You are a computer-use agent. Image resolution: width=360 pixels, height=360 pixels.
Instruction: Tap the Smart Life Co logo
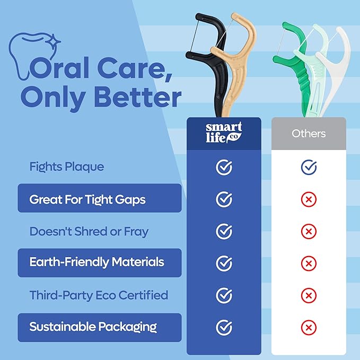pos(224,133)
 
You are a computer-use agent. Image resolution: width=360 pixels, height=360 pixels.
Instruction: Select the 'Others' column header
pos(309,133)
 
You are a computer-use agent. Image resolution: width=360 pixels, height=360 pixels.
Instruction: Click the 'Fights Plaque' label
pos(66,167)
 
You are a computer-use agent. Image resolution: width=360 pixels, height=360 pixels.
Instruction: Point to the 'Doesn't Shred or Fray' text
pos(89,231)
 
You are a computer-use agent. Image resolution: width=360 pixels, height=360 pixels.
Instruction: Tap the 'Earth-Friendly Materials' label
pos(96,262)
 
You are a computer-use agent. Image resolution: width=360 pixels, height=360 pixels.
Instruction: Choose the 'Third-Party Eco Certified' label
pos(99,295)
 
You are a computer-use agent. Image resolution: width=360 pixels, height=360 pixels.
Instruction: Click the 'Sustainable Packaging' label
pos(93,327)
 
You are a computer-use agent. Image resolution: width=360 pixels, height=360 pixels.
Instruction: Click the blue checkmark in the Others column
pos(309,168)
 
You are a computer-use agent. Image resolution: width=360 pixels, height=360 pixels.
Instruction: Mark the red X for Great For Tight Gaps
pos(309,199)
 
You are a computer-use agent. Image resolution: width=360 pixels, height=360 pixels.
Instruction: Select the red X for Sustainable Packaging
pos(309,327)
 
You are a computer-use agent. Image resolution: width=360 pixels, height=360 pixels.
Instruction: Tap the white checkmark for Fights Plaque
pos(224,168)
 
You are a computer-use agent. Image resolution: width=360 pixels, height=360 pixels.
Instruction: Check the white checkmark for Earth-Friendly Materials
pos(224,263)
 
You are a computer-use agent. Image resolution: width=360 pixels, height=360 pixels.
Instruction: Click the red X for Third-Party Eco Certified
pos(309,295)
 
